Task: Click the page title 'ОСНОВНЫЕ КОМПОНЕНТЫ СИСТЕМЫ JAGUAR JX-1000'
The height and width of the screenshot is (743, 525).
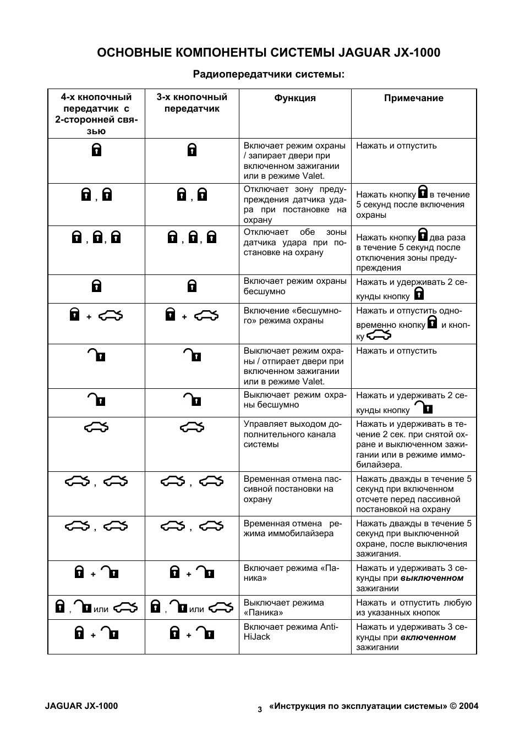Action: pos(269,53)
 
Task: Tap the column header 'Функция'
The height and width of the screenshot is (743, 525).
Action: pos(295,98)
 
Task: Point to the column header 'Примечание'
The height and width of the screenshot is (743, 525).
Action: pos(413,98)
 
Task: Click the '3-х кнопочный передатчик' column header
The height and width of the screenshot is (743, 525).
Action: pos(192,103)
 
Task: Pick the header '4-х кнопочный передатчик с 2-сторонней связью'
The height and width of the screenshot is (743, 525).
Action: pos(96,114)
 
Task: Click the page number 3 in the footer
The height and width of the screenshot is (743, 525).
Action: pos(260,709)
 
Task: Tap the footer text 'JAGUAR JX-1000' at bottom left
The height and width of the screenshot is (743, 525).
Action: pos(81,706)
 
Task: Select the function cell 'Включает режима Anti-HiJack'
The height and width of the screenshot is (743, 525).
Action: pos(291,632)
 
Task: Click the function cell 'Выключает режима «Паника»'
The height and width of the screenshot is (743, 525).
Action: pos(284,608)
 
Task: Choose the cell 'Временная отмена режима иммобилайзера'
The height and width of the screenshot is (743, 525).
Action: pos(293,529)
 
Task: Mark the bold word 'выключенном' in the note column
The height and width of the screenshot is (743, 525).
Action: pos(432,578)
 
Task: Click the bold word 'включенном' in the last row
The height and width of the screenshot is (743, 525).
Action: pos(428,637)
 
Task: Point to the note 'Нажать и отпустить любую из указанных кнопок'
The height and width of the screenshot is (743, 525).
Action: pos(414,608)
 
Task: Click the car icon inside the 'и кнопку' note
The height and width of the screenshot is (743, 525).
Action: pos(379,335)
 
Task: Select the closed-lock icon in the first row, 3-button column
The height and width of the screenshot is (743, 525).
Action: pos(192,150)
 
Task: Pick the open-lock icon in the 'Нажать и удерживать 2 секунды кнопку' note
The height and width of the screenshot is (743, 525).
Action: pos(423,408)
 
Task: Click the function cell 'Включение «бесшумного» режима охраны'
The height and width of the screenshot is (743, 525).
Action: pos(292,316)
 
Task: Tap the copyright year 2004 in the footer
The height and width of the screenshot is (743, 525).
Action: pos(468,706)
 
